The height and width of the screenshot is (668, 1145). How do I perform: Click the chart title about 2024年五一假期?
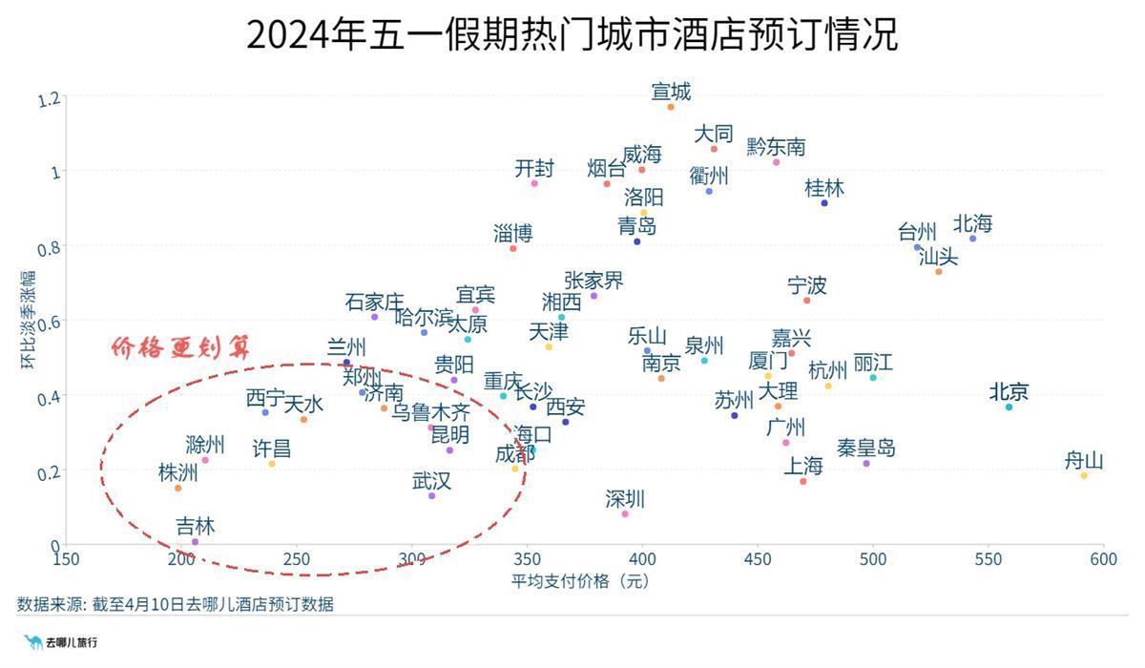click(x=572, y=34)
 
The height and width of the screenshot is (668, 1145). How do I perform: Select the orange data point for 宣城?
click(x=671, y=107)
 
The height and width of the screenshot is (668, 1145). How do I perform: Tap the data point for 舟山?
click(x=1084, y=475)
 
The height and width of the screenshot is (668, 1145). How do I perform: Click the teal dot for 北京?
click(x=1009, y=407)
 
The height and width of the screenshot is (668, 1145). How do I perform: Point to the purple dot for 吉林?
click(x=195, y=542)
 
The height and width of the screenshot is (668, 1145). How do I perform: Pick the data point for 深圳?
click(x=625, y=513)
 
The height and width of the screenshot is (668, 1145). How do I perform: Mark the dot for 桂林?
click(x=824, y=203)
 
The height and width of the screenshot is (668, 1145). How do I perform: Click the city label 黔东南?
click(x=776, y=147)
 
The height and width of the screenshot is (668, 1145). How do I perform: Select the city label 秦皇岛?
click(x=866, y=449)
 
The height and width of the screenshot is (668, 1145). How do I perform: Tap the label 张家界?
click(x=593, y=281)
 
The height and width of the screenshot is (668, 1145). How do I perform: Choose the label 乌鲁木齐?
click(x=430, y=412)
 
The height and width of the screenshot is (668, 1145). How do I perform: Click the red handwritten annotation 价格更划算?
click(x=180, y=347)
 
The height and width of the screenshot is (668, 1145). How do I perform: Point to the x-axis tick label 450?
click(x=758, y=559)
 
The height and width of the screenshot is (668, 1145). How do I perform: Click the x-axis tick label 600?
click(x=1103, y=559)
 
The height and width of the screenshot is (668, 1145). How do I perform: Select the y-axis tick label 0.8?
click(x=49, y=248)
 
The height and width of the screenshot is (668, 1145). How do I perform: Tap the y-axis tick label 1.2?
click(x=49, y=98)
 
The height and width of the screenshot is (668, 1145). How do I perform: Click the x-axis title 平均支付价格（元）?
click(x=581, y=581)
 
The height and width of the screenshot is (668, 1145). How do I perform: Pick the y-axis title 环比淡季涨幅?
click(x=28, y=320)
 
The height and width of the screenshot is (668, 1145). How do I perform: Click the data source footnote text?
click(x=176, y=604)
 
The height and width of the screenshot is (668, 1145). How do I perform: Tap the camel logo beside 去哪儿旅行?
click(x=33, y=642)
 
